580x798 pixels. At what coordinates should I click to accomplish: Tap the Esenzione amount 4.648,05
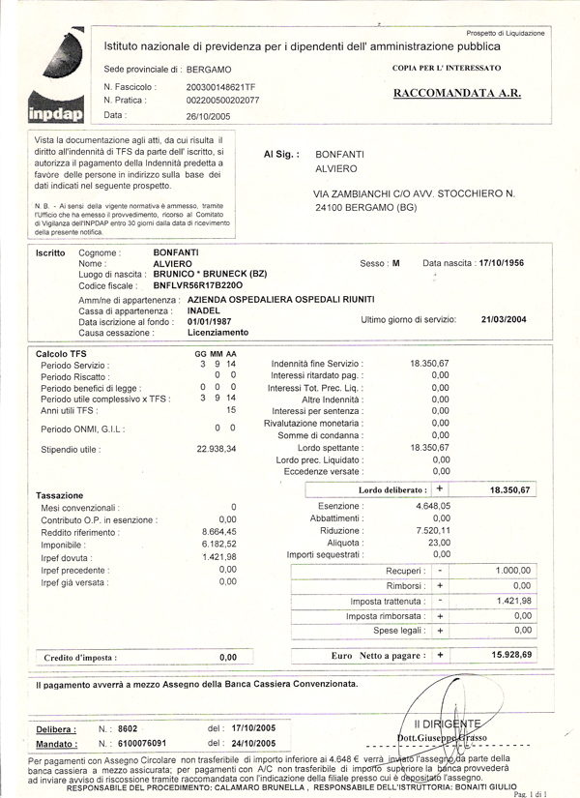tap(432, 506)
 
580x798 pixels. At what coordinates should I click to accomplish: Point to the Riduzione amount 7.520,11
tap(432, 530)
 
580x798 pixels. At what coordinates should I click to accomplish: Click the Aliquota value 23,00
tap(439, 542)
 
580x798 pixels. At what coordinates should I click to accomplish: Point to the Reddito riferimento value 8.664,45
tap(218, 532)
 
